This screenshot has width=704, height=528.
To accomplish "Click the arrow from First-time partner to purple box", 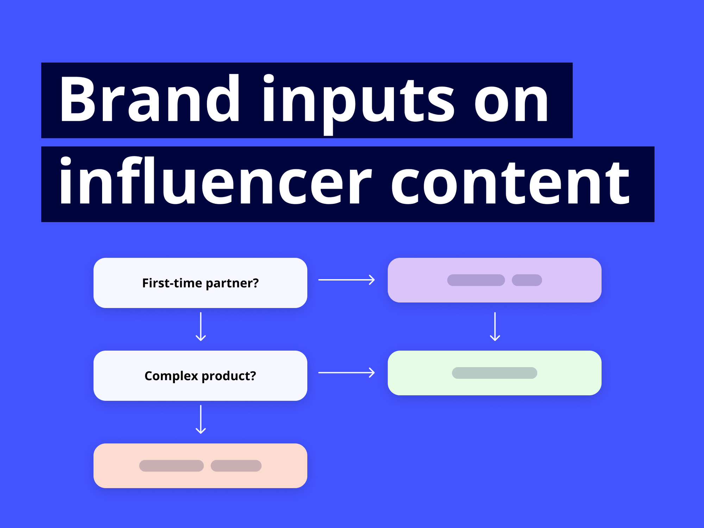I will click(346, 280).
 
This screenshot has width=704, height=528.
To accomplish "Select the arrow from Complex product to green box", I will click(346, 372).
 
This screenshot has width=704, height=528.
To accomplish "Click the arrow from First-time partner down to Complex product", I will click(201, 326).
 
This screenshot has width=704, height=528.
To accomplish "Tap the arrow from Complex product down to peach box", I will click(201, 419).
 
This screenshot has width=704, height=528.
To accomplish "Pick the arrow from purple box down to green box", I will click(495, 326).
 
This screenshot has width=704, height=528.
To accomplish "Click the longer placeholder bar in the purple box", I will click(476, 280).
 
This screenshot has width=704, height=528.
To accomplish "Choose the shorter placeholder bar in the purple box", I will click(527, 280).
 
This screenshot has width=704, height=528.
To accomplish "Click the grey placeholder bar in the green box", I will click(495, 373).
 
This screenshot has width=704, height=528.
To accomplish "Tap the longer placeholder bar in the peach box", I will click(171, 466).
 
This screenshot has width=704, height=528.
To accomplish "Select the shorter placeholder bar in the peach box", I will click(236, 466).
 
